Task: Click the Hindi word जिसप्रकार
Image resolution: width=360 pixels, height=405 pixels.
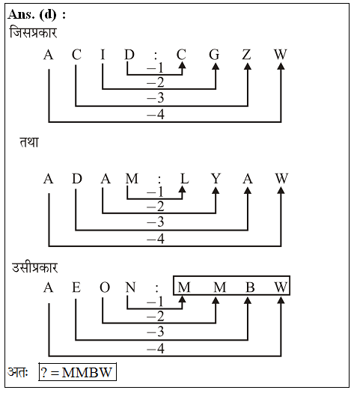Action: click(x=33, y=32)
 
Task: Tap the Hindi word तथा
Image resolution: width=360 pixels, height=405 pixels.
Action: click(x=29, y=141)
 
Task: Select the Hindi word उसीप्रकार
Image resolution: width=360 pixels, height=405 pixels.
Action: click(x=35, y=267)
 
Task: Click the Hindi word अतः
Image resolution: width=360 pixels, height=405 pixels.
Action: click(x=18, y=372)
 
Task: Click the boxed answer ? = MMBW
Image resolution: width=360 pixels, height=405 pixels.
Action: click(x=78, y=372)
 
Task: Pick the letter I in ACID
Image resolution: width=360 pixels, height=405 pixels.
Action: click(x=103, y=55)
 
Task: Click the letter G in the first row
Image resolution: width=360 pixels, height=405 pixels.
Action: click(x=214, y=55)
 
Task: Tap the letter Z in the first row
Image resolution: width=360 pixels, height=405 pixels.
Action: click(x=247, y=55)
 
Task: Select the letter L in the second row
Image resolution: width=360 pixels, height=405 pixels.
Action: click(x=184, y=178)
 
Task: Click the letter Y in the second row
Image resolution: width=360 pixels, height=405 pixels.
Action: click(x=216, y=178)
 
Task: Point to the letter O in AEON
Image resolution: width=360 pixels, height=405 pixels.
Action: click(x=105, y=287)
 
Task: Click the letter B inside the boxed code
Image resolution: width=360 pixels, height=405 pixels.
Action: click(x=250, y=287)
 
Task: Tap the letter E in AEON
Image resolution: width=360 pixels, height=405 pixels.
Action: click(x=76, y=287)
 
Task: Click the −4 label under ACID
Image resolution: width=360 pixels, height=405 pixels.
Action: click(x=156, y=115)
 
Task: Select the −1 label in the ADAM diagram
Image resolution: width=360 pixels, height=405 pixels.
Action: click(x=155, y=192)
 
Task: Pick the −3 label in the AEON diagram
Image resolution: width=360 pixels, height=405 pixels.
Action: click(x=156, y=332)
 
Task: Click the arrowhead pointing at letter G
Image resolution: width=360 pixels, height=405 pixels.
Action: click(x=216, y=67)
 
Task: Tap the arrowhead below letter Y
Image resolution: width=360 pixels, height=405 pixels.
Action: click(x=216, y=190)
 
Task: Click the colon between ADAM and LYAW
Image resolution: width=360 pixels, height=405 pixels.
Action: click(x=159, y=180)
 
